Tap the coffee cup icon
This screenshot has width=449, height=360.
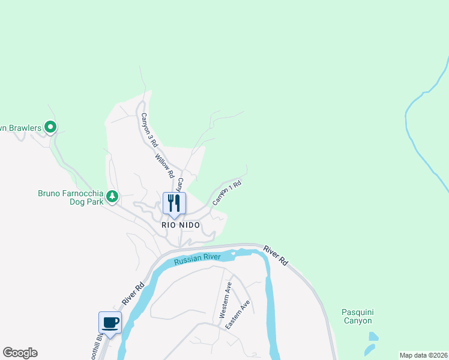110,323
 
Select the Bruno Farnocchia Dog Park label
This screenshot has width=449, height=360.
70,197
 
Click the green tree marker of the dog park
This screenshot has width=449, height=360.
112,196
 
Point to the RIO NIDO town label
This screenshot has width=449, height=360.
180,224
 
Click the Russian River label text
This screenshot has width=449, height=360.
197,259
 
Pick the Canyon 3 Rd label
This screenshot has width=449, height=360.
149,130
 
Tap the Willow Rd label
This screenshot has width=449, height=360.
164,166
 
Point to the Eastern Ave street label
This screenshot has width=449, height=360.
238,314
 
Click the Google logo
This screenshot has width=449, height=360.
20,353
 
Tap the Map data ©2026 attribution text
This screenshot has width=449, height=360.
423,355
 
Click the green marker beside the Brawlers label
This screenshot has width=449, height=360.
51,127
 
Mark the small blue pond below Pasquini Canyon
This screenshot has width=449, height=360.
370,348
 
